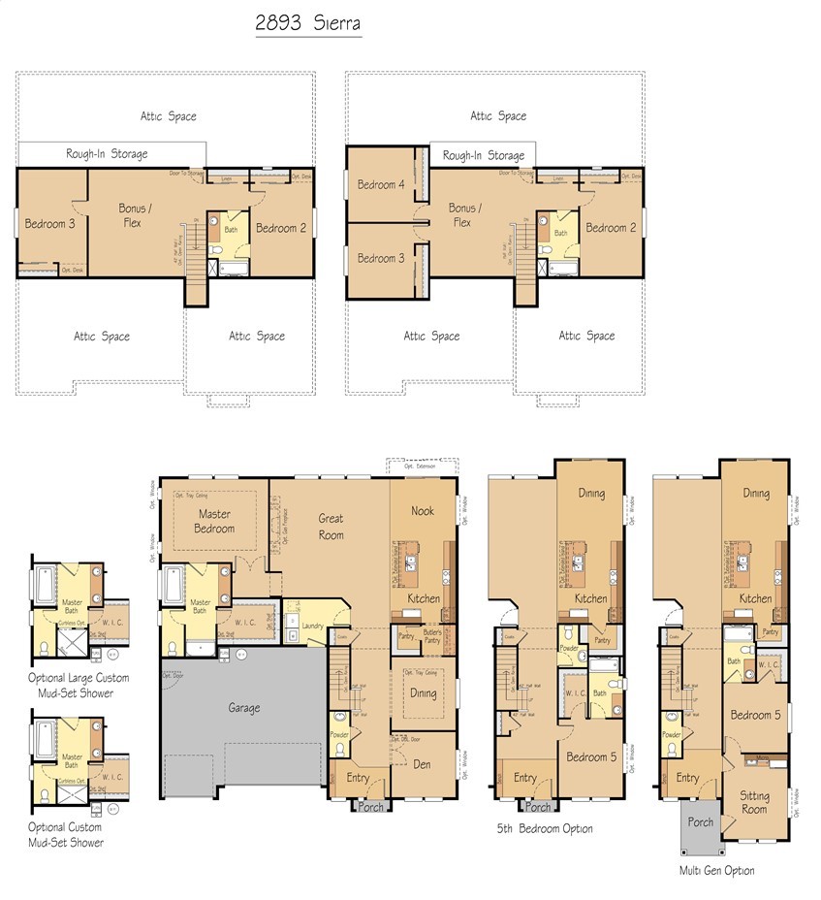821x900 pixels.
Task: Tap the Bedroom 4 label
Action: (x=380, y=184)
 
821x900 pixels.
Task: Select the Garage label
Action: (x=243, y=708)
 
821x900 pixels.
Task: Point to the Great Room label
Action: (x=331, y=526)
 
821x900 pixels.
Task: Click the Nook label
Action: (x=422, y=511)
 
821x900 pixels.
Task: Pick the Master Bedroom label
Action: (x=214, y=522)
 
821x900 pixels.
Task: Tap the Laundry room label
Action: (x=312, y=627)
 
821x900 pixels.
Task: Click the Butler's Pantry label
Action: (x=430, y=637)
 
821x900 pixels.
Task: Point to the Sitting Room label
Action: (x=754, y=802)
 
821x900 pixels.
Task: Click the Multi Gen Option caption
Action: (x=716, y=871)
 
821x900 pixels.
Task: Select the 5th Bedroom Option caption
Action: (x=545, y=828)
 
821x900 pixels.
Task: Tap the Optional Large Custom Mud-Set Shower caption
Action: (x=79, y=686)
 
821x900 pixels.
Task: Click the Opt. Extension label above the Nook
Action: (x=411, y=466)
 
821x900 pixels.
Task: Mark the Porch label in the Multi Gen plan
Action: (x=700, y=821)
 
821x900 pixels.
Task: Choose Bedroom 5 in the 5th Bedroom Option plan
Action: (x=590, y=756)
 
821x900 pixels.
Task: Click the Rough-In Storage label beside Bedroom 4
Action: (x=484, y=155)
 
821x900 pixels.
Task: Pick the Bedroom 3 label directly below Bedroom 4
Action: (x=380, y=258)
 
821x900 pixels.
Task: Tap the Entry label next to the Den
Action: (x=357, y=778)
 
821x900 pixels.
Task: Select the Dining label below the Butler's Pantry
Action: (x=423, y=693)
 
